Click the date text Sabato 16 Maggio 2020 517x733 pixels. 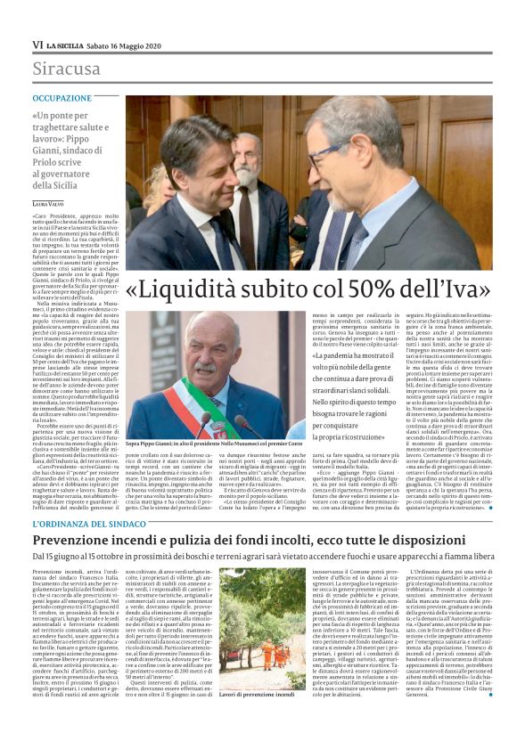tap(130, 45)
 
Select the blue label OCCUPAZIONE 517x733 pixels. tap(62, 98)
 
